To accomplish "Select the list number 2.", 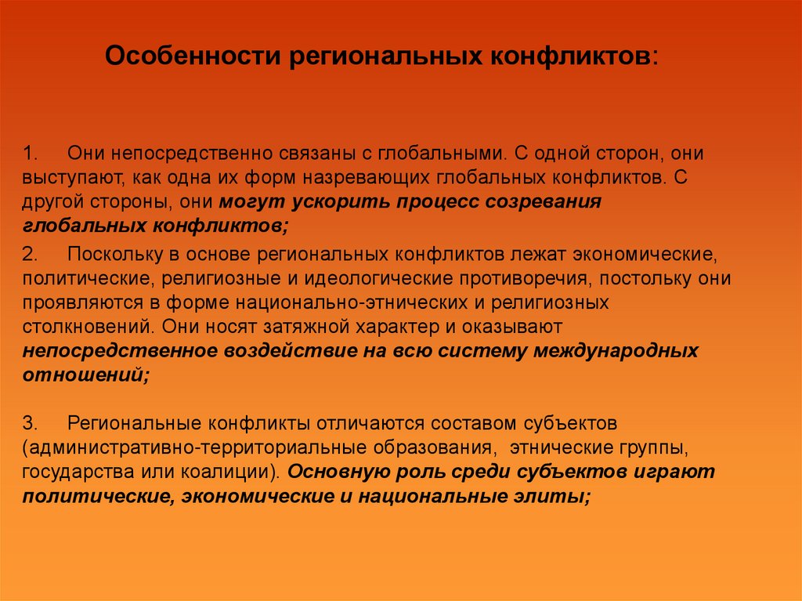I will pyautogui.click(x=29, y=255).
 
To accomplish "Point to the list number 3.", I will pyautogui.click(x=29, y=424).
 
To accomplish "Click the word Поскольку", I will pyautogui.click(x=113, y=255).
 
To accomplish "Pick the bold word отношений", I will pyautogui.click(x=81, y=375).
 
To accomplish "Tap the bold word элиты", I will pyautogui.click(x=554, y=496).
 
